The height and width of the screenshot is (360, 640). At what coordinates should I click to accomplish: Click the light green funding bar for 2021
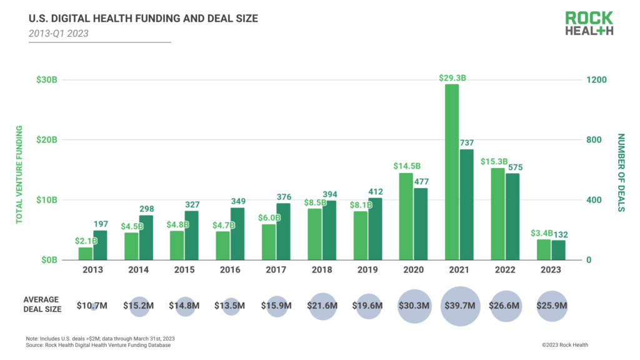point(451,172)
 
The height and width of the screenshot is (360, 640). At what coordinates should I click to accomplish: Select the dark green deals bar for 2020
point(421,224)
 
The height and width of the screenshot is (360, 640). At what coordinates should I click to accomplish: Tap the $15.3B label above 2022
point(493,162)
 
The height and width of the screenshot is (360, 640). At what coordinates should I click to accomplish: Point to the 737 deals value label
point(467,143)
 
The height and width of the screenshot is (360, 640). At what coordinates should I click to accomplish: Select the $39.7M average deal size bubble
point(461,306)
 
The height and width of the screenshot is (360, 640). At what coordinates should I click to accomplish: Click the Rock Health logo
point(589,23)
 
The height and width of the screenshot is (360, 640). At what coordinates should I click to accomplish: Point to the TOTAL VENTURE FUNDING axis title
point(19,174)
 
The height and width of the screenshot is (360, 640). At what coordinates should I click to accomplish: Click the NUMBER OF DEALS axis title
point(621,172)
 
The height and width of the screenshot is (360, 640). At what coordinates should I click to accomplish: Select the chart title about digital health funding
point(143,19)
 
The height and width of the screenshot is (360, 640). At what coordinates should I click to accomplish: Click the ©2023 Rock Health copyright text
point(564,344)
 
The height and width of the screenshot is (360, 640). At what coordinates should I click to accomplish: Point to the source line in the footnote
point(98,345)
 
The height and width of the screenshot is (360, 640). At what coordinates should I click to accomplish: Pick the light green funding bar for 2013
point(85,253)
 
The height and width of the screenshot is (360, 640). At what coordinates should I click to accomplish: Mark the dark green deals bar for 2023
point(558,250)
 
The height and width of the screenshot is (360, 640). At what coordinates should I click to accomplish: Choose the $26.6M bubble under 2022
point(506,306)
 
